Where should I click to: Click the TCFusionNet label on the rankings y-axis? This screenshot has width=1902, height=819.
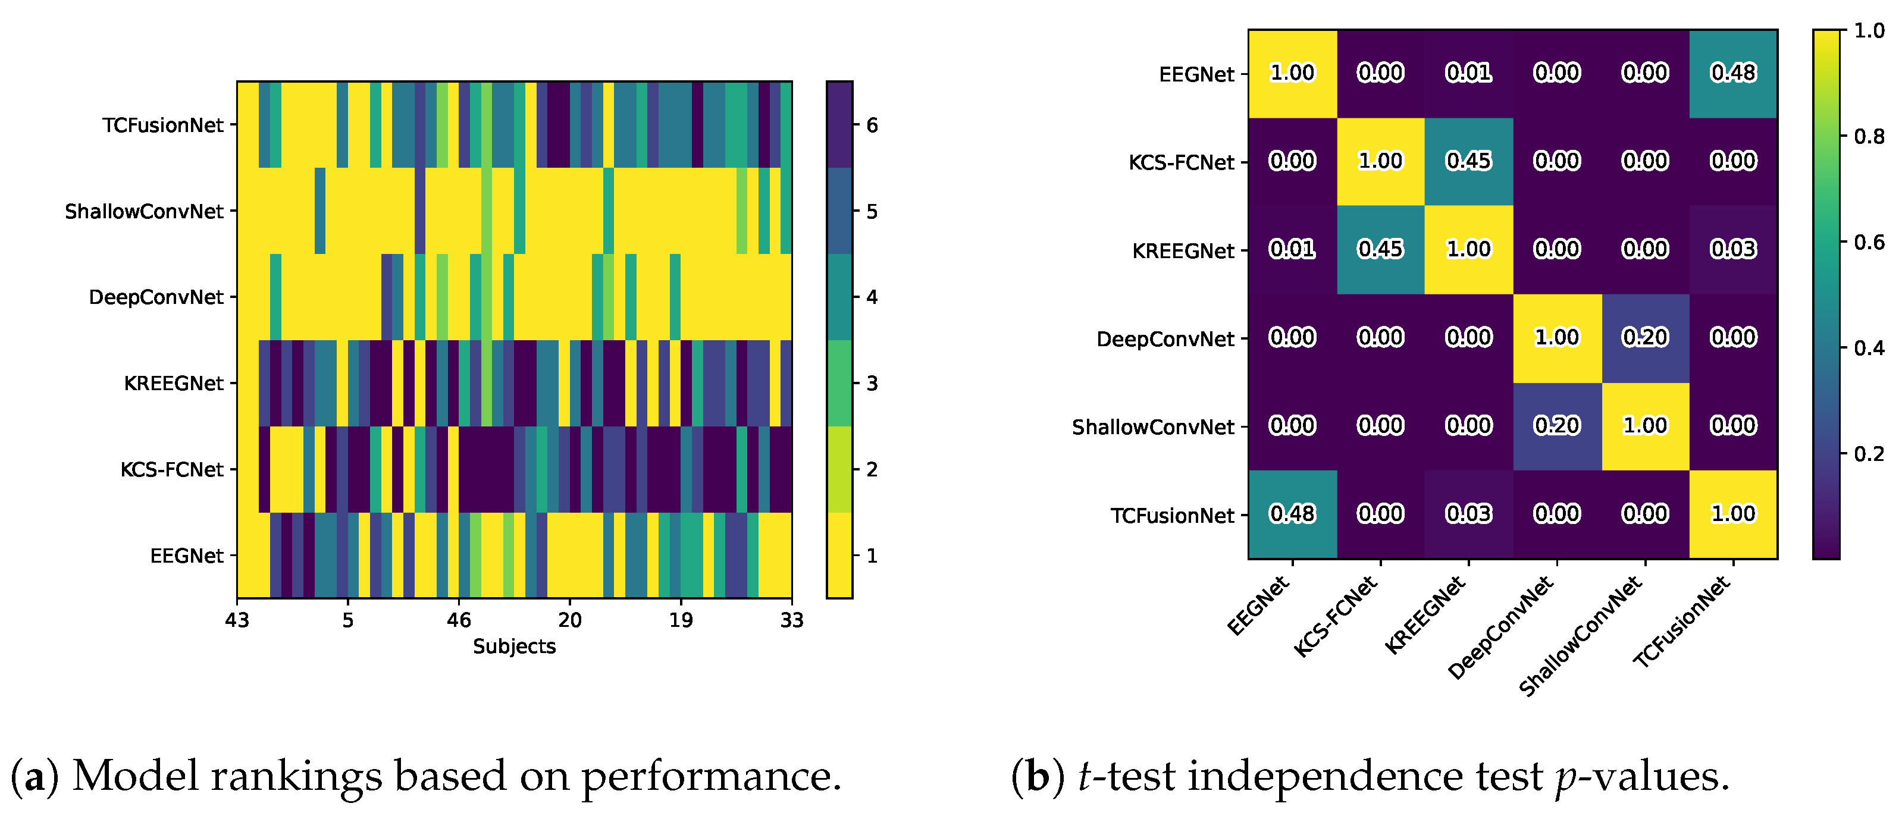(162, 125)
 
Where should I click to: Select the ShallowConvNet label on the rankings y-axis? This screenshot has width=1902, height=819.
(144, 212)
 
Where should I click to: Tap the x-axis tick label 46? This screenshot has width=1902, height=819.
(459, 620)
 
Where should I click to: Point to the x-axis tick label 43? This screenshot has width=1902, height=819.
(237, 620)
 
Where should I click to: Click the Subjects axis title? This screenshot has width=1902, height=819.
(514, 647)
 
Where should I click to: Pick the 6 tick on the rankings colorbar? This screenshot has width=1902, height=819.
(872, 125)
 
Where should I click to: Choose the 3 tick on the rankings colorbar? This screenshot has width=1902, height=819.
(872, 384)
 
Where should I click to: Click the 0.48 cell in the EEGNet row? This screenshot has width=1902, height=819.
(1733, 73)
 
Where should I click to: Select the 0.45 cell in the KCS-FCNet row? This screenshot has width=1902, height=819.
(1468, 161)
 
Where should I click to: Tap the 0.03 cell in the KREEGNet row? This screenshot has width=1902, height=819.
(1733, 249)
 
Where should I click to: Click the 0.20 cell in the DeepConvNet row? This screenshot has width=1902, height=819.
(1645, 337)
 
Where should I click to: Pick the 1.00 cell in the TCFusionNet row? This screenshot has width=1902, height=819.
(1733, 513)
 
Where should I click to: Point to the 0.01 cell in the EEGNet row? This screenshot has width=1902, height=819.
(1468, 73)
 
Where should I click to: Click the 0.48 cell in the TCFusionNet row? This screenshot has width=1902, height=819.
(1292, 513)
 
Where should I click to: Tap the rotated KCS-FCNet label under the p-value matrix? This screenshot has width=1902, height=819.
(1335, 617)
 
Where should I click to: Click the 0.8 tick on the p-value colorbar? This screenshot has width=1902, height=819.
(1869, 137)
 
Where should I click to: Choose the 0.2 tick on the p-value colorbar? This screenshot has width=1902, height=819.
(1869, 454)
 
